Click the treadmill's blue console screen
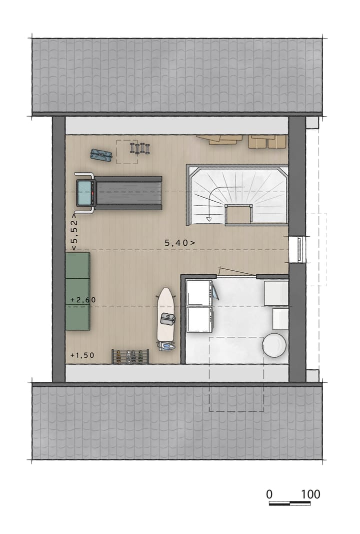pos(84,193)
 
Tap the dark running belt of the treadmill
pos(129,193)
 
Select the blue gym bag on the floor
pos(101,155)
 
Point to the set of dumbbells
pos(140,148)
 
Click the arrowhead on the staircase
pos(209,219)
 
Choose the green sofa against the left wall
pos(77,291)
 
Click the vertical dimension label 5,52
pos(73,234)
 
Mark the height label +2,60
pos(83,300)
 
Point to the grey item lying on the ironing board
pos(167,317)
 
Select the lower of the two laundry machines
pos(199,320)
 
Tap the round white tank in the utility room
pos(274,345)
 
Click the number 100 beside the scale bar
pos(310,494)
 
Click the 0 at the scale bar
pos(269,494)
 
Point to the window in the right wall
pos(298,249)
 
